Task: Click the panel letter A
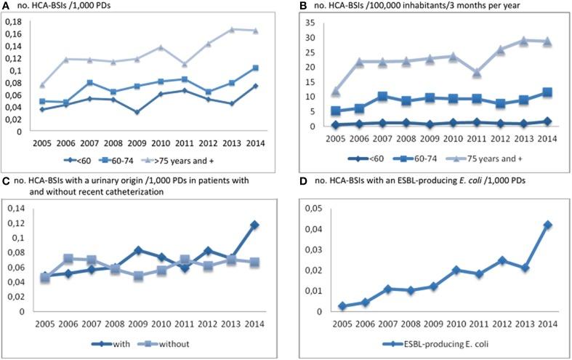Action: (x=6, y=6)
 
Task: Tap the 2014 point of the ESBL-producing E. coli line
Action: (x=547, y=225)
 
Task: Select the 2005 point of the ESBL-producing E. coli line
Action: (x=342, y=306)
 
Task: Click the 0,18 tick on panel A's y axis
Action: (x=13, y=22)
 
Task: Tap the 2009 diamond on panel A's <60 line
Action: (x=137, y=112)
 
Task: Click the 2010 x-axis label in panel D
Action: (x=455, y=322)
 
